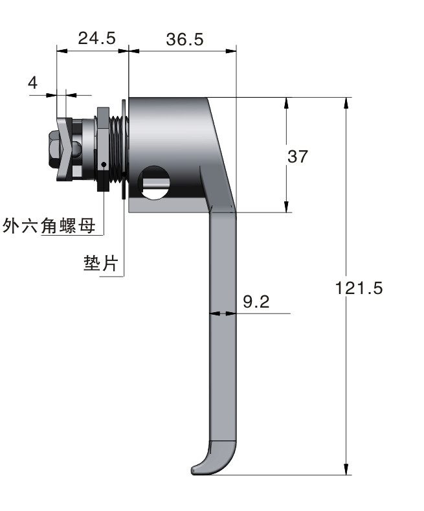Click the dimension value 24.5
pos(96,38)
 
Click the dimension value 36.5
pos(184,40)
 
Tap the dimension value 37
pos(297,157)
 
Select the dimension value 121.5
pos(359,288)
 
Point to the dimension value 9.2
pos(256,302)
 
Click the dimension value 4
pos(33,83)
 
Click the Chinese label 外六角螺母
pos(49,225)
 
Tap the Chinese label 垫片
pos(100,263)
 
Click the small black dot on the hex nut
pos(104,165)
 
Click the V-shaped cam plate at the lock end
pos(65,150)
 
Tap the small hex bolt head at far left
pos(54,150)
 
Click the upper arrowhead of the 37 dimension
pos(286,104)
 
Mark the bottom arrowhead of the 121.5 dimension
pos(346,469)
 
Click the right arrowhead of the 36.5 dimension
pos(230,51)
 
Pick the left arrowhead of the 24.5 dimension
pos(63,51)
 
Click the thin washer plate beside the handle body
pos(124,149)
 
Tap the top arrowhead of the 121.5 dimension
pos(346,104)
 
